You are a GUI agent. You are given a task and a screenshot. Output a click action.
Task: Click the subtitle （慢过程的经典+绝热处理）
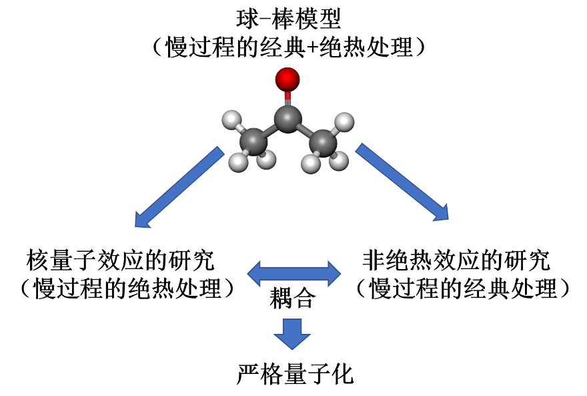click(288, 47)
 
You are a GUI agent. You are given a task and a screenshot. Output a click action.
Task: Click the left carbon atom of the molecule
click(253, 143)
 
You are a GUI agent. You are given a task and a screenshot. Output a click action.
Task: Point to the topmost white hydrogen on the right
click(344, 122)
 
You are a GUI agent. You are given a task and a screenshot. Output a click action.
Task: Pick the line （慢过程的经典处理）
click(462, 289)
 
